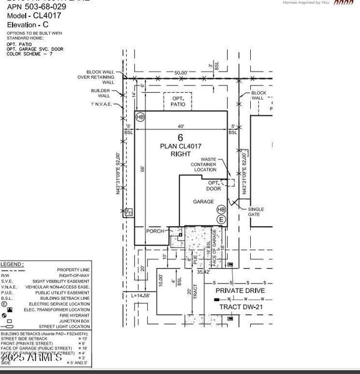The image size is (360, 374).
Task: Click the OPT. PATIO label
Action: point(178,101)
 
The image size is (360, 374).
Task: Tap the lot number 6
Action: point(180,137)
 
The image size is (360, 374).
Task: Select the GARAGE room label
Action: point(203,201)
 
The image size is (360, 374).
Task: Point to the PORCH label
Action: point(155,231)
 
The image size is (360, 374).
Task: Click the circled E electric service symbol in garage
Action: point(221,219)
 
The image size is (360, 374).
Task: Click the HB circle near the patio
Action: point(140,117)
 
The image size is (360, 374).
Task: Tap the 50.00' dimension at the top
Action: point(181,73)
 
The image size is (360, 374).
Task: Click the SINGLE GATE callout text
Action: point(256,213)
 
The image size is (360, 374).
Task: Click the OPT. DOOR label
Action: point(214,186)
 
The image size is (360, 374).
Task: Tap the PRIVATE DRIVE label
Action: point(240,291)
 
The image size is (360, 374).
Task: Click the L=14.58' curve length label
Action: point(143,295)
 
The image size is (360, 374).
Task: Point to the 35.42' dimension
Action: point(203,272)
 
